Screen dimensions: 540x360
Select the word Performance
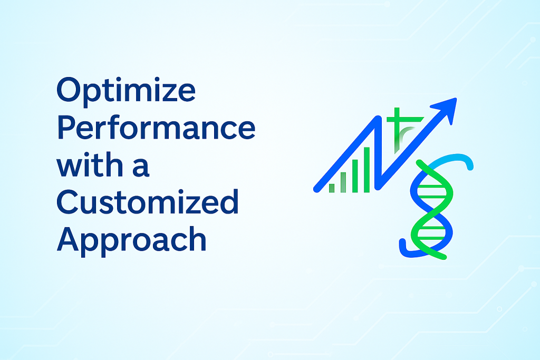pos(156,128)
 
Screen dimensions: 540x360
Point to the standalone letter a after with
pos(141,168)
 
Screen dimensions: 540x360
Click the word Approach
pos(131,241)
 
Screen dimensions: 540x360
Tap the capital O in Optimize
pos(69,90)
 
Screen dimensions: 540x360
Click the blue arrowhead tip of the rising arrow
pos(456,99)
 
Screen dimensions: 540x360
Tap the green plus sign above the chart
pos(397,119)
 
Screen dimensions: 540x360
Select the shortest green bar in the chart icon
pos(332,188)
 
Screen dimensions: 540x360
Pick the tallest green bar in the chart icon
pos(367,170)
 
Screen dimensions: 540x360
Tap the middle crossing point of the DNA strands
pos(431,211)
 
